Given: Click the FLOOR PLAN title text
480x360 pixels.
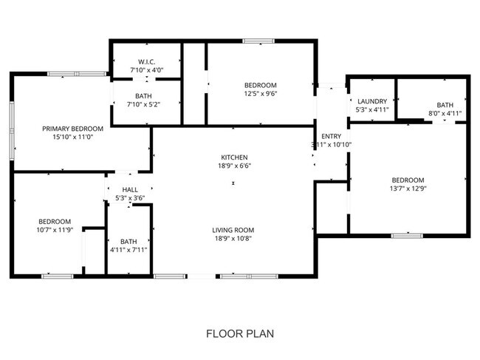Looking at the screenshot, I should [x=239, y=333].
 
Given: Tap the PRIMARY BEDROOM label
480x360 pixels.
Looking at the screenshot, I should [x=72, y=128].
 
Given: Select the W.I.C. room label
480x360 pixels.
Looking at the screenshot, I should [x=145, y=61].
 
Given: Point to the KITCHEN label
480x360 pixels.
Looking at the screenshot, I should [x=234, y=157].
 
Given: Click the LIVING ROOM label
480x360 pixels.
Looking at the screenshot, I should [x=234, y=230].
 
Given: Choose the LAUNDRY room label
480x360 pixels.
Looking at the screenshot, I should [x=372, y=101].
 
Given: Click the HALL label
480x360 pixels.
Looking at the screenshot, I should [x=130, y=189].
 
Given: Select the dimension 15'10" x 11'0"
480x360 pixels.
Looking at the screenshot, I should [x=72, y=137].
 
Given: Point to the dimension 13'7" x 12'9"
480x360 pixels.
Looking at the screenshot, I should [x=408, y=189].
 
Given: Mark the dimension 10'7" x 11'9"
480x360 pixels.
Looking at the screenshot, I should [x=55, y=230].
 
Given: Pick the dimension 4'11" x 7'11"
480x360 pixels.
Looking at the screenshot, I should [x=128, y=249].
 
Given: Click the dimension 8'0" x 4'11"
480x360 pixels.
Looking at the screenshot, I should [x=445, y=113].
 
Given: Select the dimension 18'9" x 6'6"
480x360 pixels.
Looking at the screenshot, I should [x=234, y=166].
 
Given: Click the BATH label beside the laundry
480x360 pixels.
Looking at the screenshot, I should [x=445, y=105].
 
